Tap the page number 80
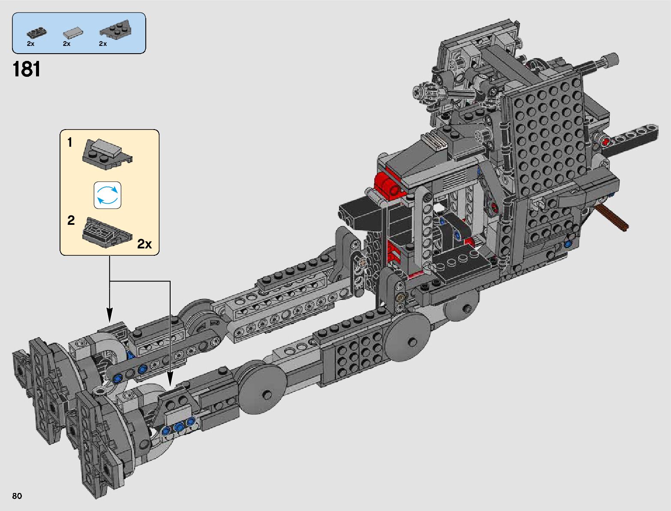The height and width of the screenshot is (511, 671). click(17, 496)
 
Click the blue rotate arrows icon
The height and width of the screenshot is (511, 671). click(107, 195)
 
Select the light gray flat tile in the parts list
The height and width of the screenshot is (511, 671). click(73, 33)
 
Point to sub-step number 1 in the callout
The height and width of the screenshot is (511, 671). click(70, 142)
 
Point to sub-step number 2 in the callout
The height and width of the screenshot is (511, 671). click(71, 220)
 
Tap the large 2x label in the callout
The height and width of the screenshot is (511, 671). click(144, 244)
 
